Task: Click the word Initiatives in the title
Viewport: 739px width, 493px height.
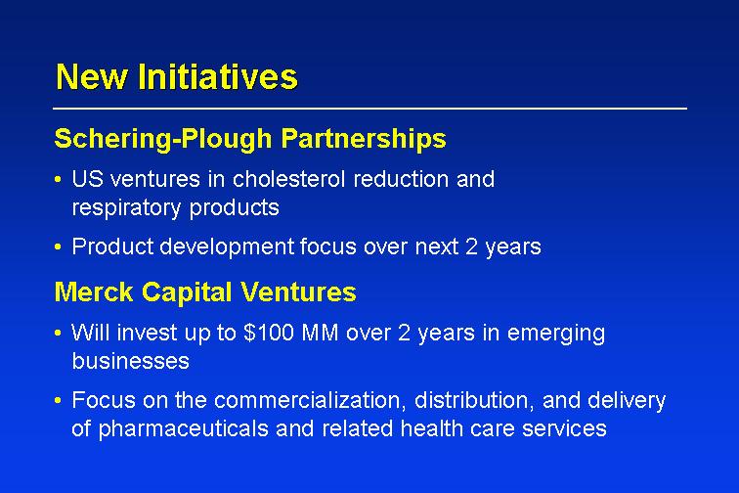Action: (218, 76)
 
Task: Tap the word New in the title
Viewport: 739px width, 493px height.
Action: (92, 76)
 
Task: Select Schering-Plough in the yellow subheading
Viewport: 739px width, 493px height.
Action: (163, 139)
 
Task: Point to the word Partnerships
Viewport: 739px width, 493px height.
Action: (364, 139)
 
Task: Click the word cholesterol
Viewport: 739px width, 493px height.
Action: (289, 179)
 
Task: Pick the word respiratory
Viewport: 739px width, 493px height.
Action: (126, 208)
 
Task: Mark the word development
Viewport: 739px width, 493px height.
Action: (227, 247)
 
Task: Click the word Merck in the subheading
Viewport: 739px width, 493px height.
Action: (94, 291)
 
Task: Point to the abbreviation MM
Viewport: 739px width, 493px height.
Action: (320, 333)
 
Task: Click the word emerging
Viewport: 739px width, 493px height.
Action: (556, 334)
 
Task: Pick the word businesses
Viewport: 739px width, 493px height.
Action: (131, 361)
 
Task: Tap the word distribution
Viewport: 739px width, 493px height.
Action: (475, 400)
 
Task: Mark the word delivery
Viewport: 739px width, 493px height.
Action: (627, 401)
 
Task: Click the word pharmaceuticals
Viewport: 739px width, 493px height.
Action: (184, 429)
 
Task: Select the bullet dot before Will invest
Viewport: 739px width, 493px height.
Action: (58, 334)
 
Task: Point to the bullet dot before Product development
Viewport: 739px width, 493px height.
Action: (58, 246)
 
